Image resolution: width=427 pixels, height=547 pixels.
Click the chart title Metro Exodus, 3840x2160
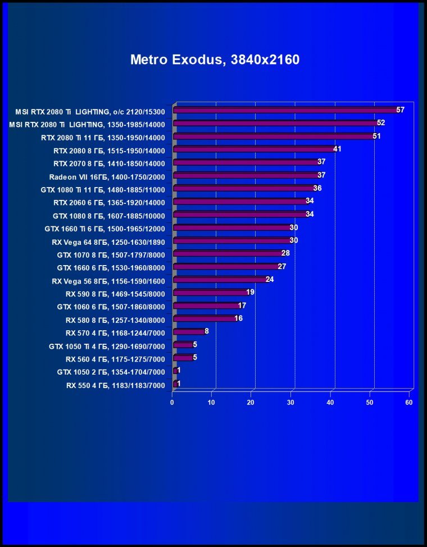coord(215,60)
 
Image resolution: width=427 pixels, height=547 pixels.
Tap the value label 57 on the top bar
coord(400,110)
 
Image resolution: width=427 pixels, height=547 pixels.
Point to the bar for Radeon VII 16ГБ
coord(247,176)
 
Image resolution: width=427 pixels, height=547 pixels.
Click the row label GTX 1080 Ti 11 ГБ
coord(103,189)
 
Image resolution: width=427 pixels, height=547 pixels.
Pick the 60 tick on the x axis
coord(409,403)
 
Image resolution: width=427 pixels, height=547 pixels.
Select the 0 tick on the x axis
coord(172,403)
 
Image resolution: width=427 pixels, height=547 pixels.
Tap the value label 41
coord(337,149)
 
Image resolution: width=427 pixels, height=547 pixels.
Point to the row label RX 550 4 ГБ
coord(115,385)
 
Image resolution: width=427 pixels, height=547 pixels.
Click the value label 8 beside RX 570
coord(207,331)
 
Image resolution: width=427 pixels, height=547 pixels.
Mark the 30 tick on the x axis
coord(291,403)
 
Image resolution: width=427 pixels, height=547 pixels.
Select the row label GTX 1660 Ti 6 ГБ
coord(105,229)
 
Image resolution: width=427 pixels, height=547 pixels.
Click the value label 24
coord(270,279)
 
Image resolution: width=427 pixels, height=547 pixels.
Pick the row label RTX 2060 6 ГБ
coord(109,202)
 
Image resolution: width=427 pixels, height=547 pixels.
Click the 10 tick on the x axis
coord(212,403)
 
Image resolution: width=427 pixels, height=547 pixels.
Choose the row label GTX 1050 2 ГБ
coord(111,372)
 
